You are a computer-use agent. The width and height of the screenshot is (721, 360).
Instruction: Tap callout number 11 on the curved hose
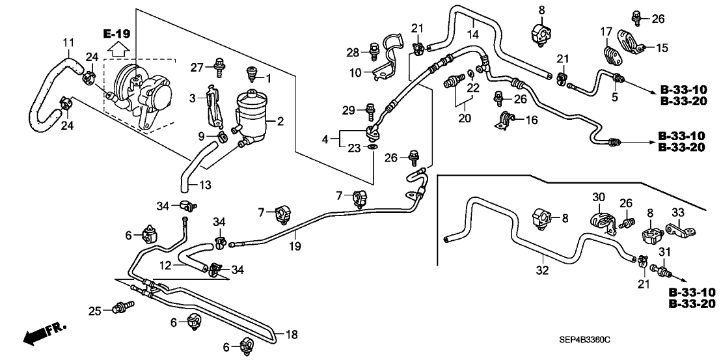pos(68,43)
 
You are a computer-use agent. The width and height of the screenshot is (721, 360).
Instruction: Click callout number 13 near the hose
pos(206,185)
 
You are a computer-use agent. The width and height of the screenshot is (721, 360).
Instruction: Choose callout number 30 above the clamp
pos(598,197)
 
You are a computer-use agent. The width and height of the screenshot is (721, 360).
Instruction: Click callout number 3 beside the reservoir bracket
pos(192,98)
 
